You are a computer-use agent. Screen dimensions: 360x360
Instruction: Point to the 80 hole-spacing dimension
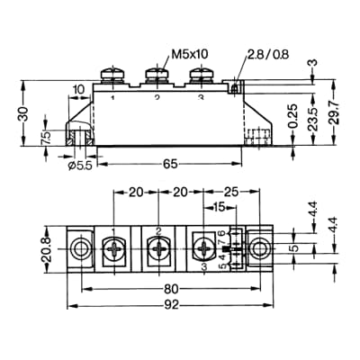[x=171, y=290]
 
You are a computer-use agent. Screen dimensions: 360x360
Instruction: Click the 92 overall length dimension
[x=171, y=304]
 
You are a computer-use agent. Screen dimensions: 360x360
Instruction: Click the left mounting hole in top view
[x=82, y=248]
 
